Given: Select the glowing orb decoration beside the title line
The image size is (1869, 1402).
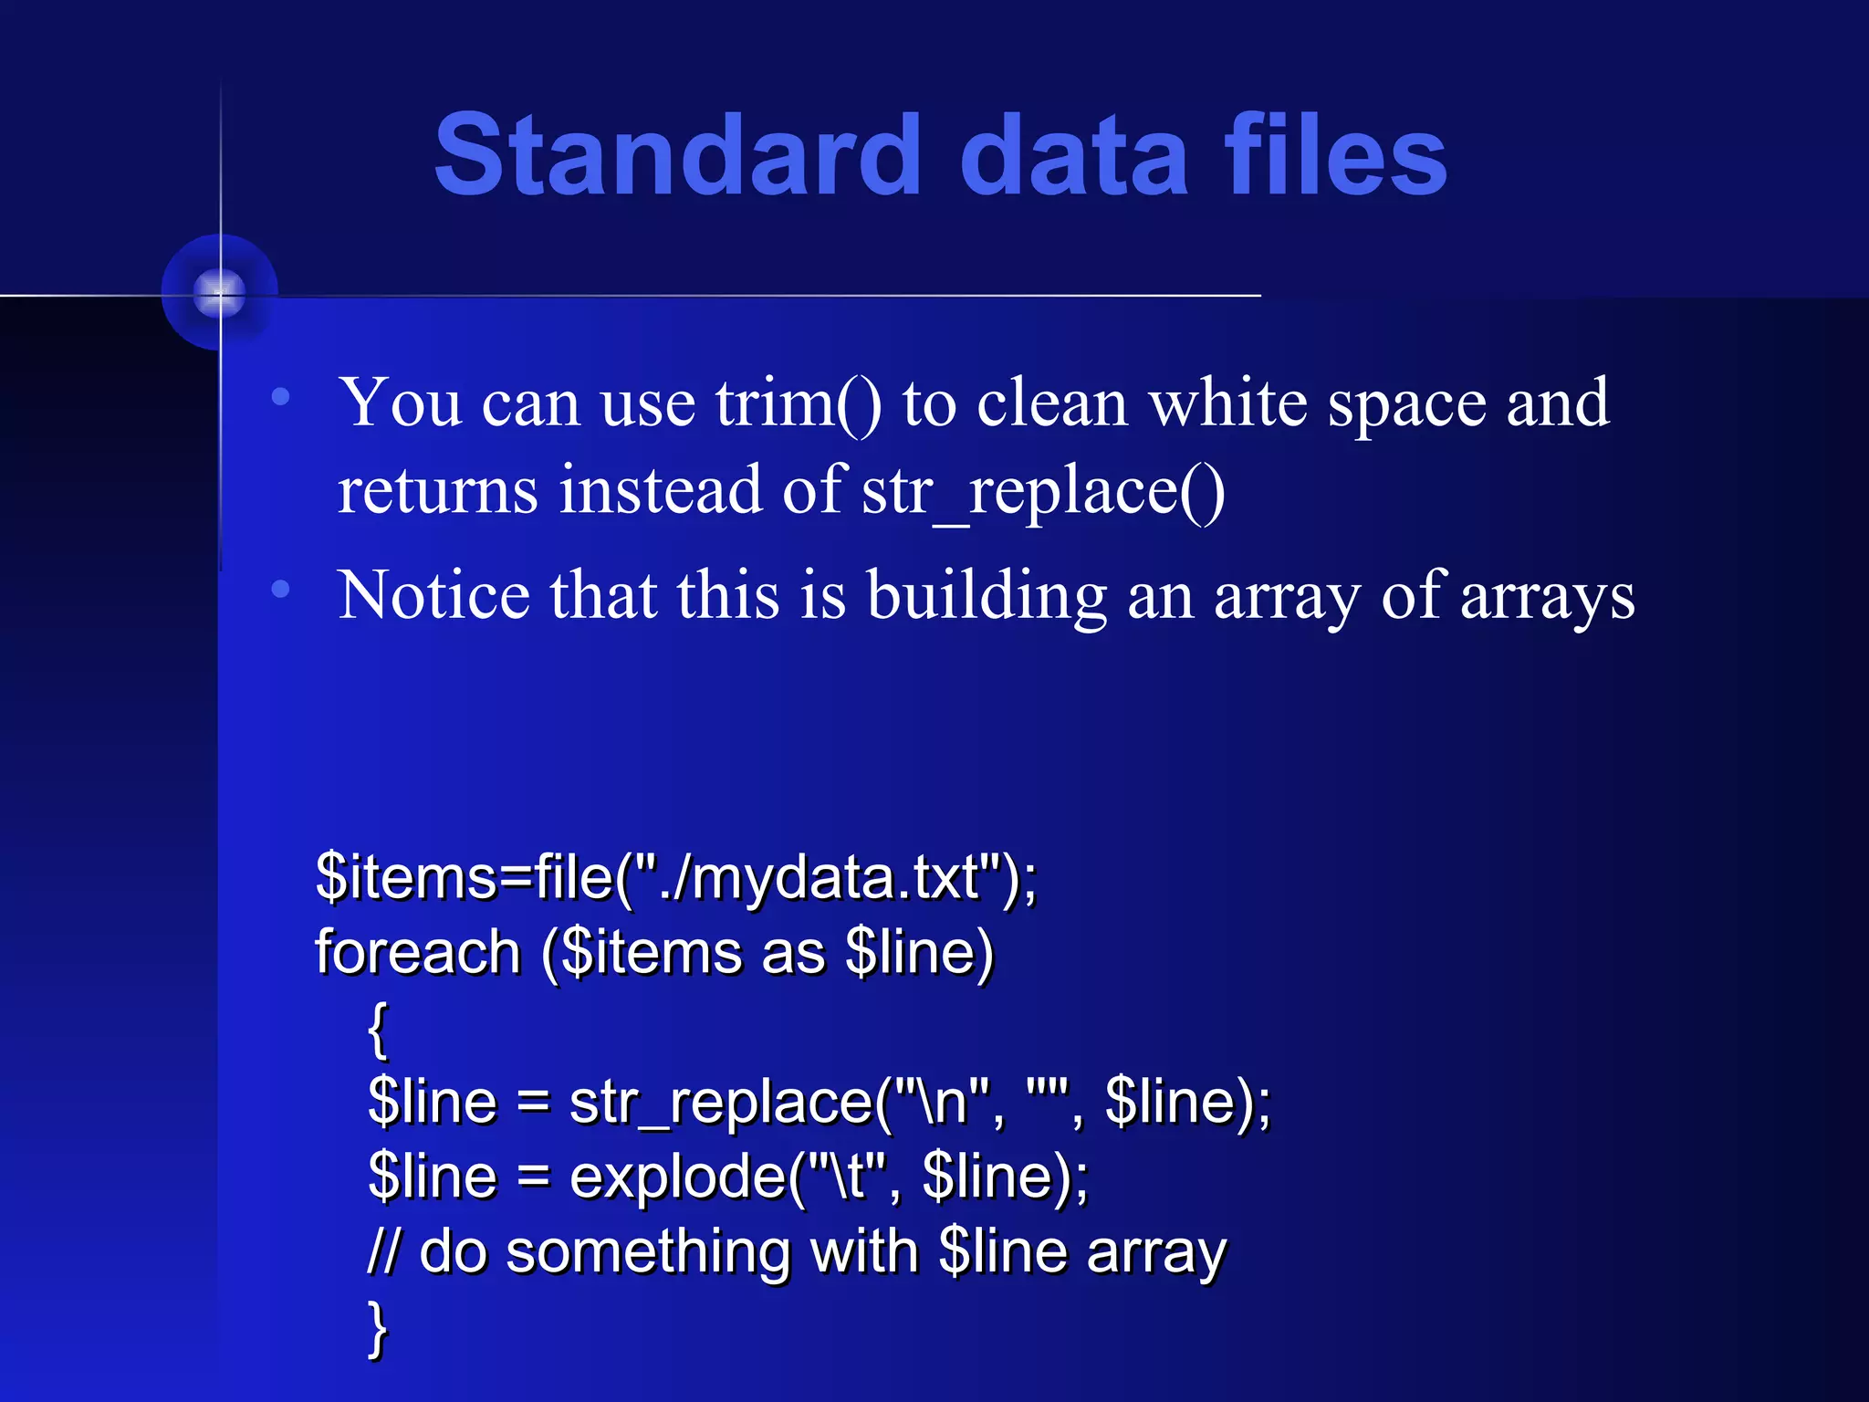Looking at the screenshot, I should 219,293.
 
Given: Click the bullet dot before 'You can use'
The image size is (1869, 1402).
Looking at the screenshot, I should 281,397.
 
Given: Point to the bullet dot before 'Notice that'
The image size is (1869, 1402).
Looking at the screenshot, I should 281,590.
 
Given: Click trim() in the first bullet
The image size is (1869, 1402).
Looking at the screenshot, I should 799,403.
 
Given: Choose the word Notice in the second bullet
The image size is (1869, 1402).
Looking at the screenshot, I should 433,595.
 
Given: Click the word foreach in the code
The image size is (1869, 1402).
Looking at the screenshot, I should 417,952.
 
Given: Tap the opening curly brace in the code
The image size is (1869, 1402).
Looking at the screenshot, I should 378,1029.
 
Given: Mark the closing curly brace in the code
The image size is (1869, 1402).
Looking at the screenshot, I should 378,1328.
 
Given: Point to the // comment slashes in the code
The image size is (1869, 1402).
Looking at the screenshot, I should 383,1251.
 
